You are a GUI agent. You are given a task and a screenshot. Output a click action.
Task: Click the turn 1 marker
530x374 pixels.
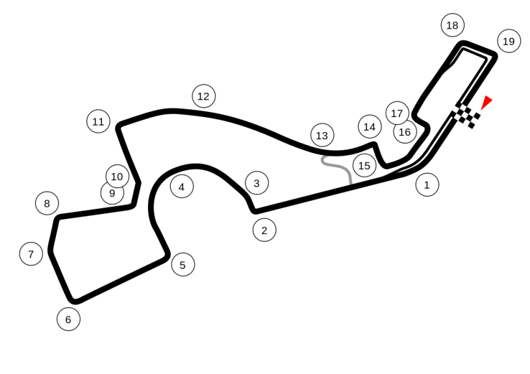[427, 185]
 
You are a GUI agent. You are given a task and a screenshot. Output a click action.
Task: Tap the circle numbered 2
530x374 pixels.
[264, 230]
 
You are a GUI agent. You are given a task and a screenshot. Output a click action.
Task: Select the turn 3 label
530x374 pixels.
[257, 183]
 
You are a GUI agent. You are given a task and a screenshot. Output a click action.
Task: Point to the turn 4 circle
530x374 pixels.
[182, 187]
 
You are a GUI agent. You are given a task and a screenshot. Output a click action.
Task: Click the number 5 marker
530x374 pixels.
[183, 265]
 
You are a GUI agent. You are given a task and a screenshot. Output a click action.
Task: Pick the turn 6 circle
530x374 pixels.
[68, 319]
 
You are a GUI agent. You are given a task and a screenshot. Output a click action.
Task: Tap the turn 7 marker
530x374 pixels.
[31, 253]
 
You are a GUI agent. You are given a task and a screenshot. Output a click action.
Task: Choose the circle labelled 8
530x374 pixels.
[47, 204]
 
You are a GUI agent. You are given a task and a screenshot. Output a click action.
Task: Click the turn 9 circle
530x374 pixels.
[112, 193]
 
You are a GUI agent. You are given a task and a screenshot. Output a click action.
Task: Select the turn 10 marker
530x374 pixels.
[117, 176]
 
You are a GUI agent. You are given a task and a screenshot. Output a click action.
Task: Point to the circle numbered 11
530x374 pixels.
[98, 122]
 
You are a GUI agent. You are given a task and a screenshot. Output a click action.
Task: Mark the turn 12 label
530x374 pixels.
[203, 97]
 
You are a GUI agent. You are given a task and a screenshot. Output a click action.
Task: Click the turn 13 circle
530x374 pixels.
[322, 136]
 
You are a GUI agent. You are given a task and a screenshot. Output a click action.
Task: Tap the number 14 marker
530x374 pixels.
[370, 127]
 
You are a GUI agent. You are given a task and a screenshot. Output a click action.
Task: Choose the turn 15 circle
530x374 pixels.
[364, 166]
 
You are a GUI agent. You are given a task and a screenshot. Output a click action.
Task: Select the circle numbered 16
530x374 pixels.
[405, 132]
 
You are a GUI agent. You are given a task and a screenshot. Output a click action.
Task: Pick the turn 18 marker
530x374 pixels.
[452, 26]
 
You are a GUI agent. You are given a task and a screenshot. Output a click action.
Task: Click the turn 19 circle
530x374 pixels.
[509, 42]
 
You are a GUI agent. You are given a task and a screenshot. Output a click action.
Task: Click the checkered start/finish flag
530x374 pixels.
[467, 116]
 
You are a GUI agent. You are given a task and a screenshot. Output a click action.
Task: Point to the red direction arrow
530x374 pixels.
[487, 102]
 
